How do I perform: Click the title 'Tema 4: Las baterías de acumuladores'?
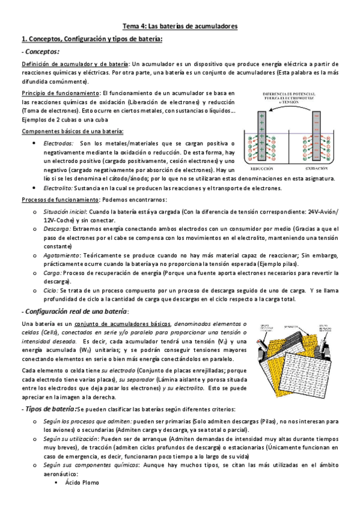click(180, 26)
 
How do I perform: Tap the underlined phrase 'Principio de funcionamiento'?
click(60, 93)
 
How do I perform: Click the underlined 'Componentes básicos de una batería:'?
click(73, 132)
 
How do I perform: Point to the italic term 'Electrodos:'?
click(58, 143)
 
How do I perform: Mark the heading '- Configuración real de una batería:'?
click(75, 310)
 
